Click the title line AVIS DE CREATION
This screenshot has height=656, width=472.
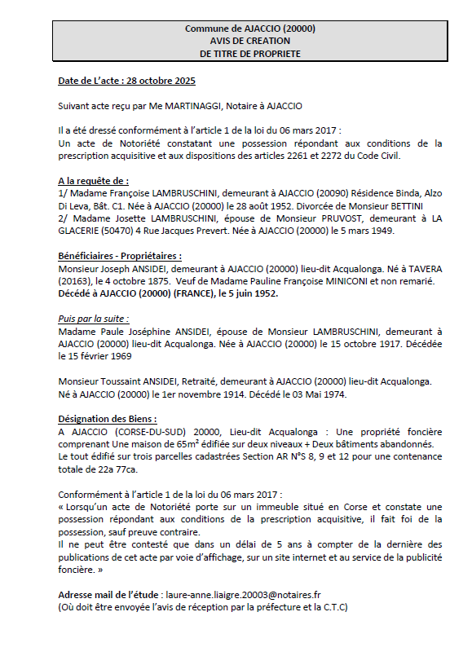point(250,41)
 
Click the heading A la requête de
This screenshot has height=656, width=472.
point(93,180)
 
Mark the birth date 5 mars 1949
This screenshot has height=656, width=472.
point(368,231)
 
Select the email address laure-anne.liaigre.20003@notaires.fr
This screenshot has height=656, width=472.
point(253,596)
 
